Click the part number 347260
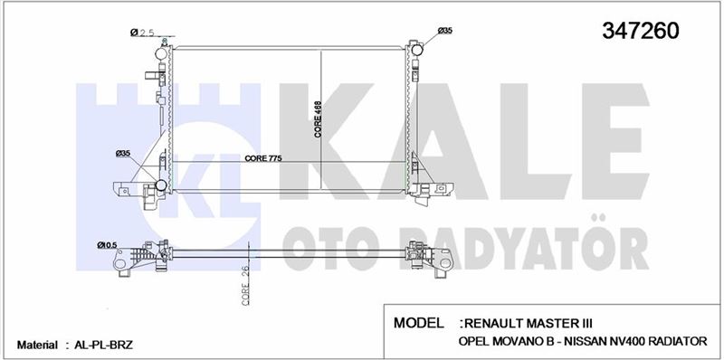pos(641,31)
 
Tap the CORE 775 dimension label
pos(263,158)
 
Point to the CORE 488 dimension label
pos(319,119)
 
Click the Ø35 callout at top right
pos(445,31)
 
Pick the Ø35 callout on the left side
pos(123,153)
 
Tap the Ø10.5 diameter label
pos(106,245)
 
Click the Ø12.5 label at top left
pos(142,33)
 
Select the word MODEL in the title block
pos(418,323)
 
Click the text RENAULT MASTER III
pos(529,323)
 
